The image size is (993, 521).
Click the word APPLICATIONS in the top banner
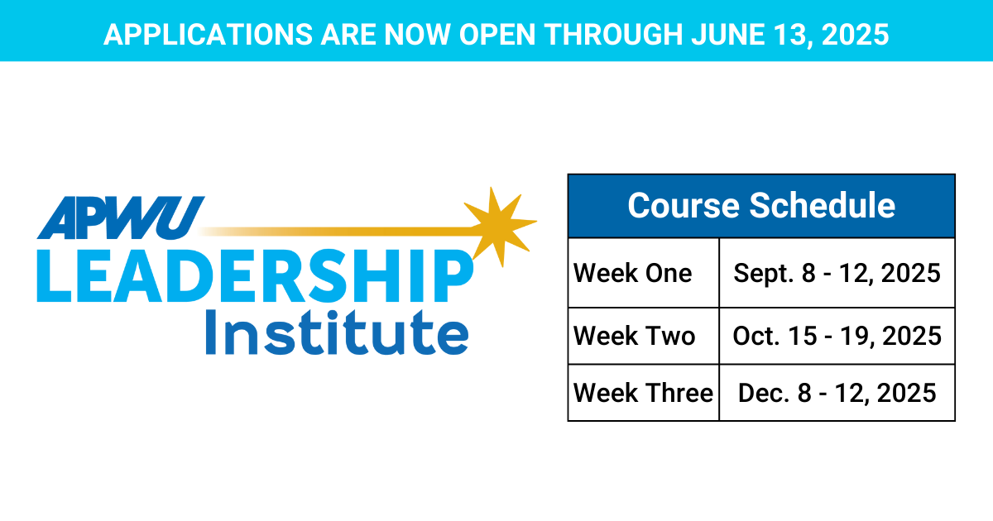(x=209, y=35)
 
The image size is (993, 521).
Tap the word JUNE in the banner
(x=728, y=35)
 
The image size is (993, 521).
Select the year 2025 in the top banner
(x=855, y=35)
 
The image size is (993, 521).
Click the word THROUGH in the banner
(x=613, y=35)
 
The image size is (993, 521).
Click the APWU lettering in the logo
(x=121, y=218)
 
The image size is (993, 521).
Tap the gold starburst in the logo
(x=501, y=227)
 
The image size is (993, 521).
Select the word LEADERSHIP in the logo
(x=255, y=275)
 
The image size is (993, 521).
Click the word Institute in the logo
(x=337, y=332)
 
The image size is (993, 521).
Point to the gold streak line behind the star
(x=337, y=232)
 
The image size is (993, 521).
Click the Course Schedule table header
(x=761, y=206)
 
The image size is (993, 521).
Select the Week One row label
(x=632, y=273)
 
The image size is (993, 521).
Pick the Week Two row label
(x=635, y=336)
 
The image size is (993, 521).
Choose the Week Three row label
(x=643, y=393)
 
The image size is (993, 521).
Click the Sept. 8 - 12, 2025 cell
(x=837, y=274)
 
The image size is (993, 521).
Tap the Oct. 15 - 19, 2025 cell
(x=837, y=337)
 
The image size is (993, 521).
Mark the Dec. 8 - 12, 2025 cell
(x=837, y=394)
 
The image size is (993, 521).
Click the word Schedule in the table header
(x=823, y=206)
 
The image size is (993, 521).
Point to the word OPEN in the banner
(x=497, y=35)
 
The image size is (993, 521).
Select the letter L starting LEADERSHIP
(x=53, y=276)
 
